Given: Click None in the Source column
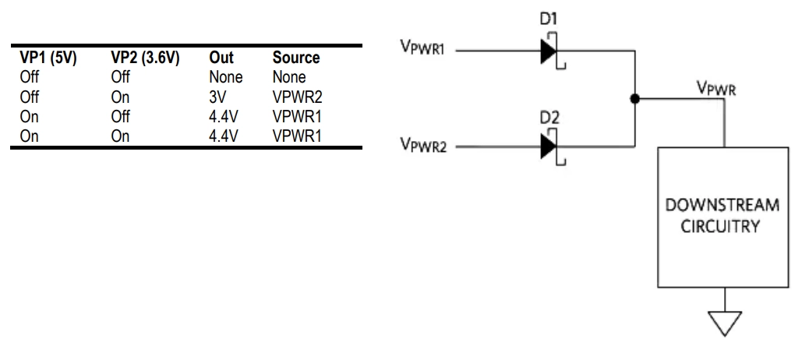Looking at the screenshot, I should [288, 78].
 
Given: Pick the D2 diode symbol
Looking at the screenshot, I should [549, 146].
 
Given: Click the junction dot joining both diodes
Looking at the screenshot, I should [636, 99].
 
